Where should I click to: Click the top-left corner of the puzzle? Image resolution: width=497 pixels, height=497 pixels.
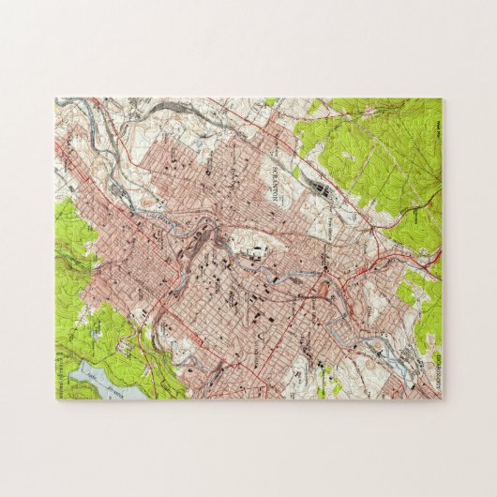55,98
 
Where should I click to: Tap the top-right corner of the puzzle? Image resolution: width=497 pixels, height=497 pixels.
442,98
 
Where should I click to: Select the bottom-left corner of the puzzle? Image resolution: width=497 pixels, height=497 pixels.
55,399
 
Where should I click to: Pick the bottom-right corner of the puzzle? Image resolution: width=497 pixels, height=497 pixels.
442,399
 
